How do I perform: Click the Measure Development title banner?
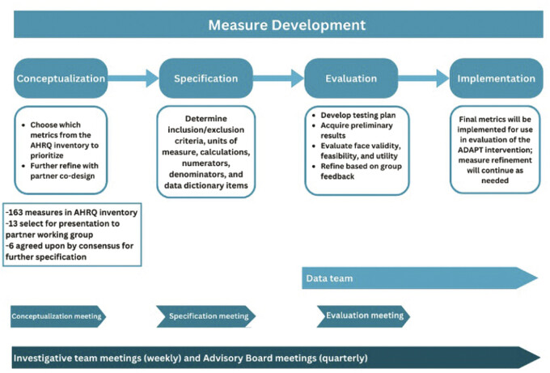[275, 24]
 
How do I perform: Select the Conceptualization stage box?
[61, 78]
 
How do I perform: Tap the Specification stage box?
[206, 78]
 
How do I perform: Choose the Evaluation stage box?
[351, 78]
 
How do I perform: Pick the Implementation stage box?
[496, 78]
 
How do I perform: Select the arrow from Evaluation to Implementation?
[424, 78]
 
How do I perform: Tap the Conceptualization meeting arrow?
[57, 316]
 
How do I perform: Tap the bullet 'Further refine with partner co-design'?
[65, 169]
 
